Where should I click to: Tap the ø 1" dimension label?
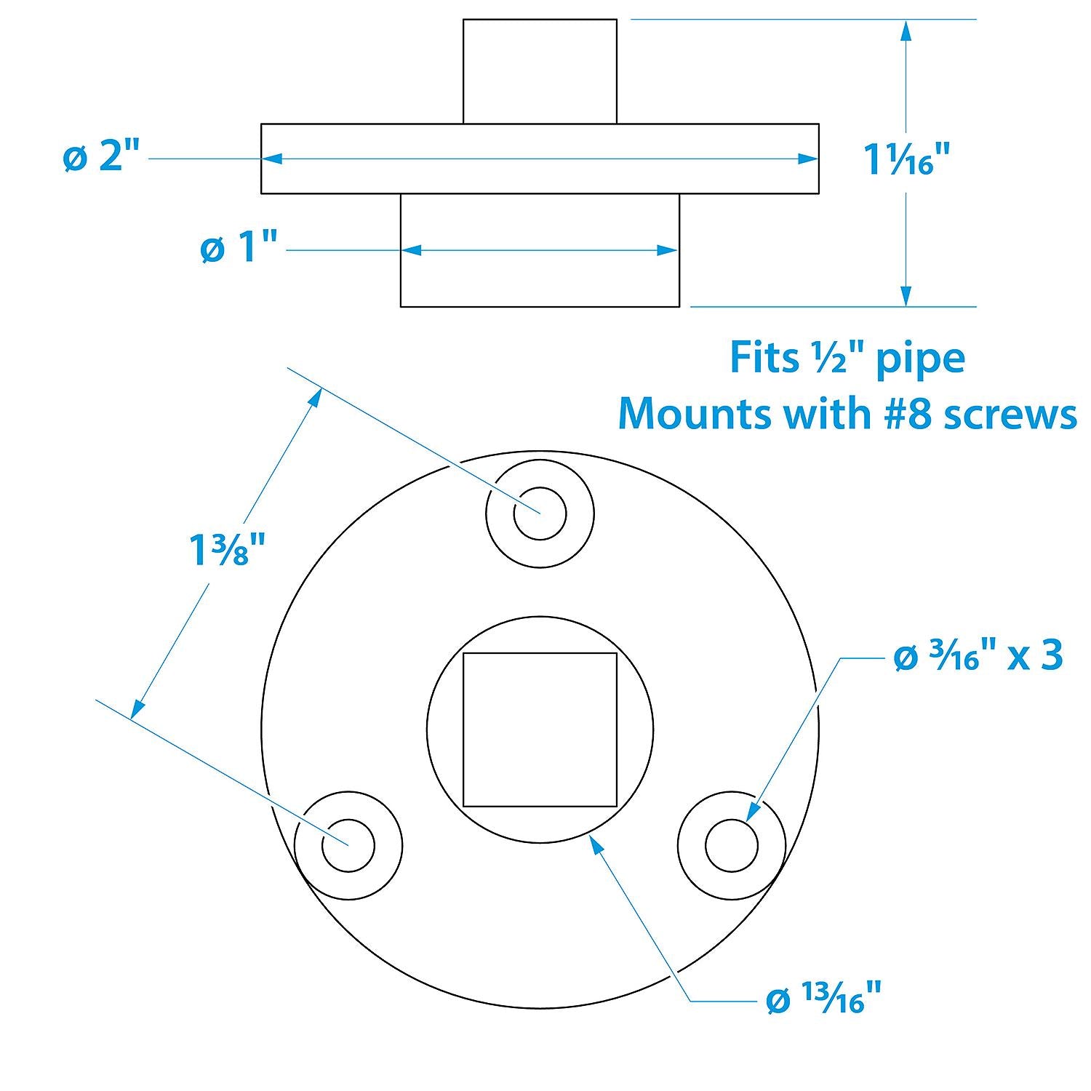(x=239, y=249)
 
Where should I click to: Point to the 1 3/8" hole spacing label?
(x=226, y=549)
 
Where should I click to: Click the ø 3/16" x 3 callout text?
(x=978, y=658)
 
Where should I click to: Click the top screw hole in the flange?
(x=540, y=513)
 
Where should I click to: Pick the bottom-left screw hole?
(x=348, y=845)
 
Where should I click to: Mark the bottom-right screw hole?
(x=731, y=845)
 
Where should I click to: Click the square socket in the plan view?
(x=540, y=730)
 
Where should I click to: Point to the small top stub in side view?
(x=540, y=71)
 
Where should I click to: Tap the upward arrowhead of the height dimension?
(x=906, y=31)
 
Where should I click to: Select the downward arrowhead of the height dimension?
(x=906, y=295)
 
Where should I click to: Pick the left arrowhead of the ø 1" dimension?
(x=412, y=250)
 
